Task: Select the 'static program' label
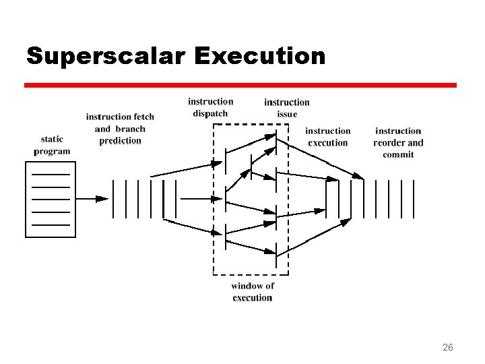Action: click(x=52, y=145)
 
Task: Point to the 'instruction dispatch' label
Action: click(x=211, y=107)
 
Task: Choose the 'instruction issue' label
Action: click(x=287, y=108)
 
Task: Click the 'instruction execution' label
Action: click(x=328, y=137)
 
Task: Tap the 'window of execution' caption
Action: click(x=253, y=292)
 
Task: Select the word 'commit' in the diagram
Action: click(x=398, y=155)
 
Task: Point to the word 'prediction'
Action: click(x=120, y=141)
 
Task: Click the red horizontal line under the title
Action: click(x=240, y=86)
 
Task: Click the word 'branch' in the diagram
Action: click(x=130, y=129)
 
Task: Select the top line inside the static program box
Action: click(x=51, y=175)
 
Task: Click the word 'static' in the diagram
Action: click(x=52, y=140)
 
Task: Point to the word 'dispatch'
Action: click(x=211, y=113)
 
